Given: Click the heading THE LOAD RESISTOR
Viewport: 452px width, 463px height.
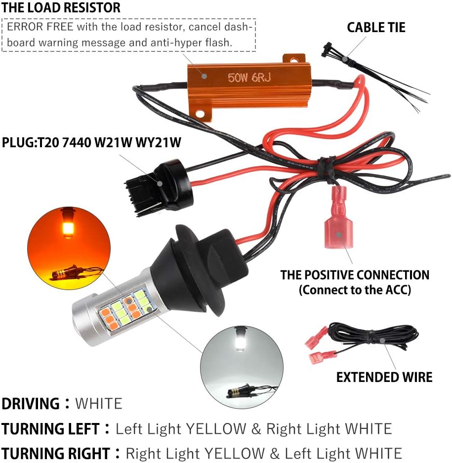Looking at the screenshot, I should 61,8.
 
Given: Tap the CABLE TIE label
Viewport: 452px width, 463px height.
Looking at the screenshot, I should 376,27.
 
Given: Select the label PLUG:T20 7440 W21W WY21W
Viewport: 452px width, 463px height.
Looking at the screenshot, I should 91,143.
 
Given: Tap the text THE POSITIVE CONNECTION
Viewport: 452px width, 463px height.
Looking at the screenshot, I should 355,275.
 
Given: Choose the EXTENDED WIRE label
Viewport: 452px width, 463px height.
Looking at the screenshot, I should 384,377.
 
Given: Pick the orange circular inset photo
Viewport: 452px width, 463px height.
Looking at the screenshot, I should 66,247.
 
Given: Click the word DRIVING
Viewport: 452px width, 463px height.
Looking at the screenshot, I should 31,404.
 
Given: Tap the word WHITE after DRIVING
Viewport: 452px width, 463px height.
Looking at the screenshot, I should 98,404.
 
